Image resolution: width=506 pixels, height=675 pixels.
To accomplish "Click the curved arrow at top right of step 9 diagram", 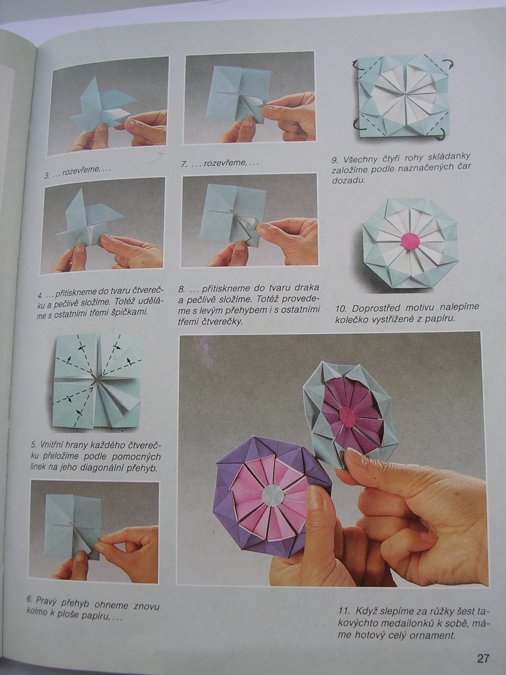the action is click(448, 65).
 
